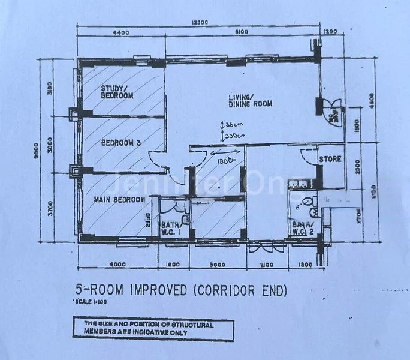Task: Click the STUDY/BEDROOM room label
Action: [x=117, y=91]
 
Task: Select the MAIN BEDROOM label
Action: [x=119, y=199]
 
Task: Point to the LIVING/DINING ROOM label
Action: [x=250, y=100]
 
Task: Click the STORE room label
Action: [x=330, y=160]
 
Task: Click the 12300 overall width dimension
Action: [x=200, y=23]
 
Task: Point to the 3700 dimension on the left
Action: [x=50, y=208]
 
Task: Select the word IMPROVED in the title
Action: [x=155, y=291]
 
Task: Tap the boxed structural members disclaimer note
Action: [x=150, y=328]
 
